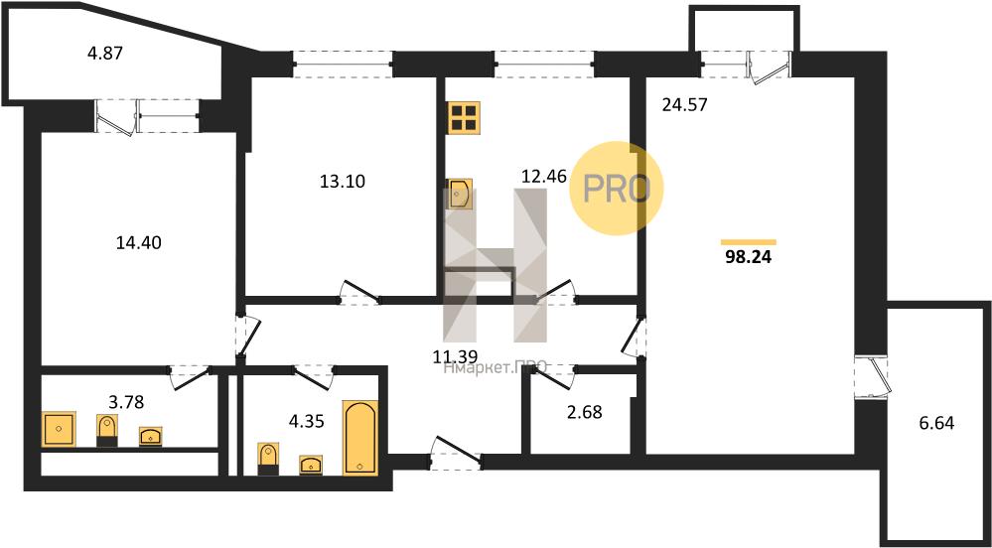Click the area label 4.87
104,53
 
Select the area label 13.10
343,182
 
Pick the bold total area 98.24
749,257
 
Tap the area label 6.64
935,422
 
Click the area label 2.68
585,413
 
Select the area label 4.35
307,422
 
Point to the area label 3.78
126,401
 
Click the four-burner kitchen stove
464,118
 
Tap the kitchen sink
459,194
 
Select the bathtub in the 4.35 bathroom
360,437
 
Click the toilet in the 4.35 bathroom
269,459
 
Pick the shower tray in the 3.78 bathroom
59,429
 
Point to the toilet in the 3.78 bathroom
107,431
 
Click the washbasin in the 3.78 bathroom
151,436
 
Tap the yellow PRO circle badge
617,188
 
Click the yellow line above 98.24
749,241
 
